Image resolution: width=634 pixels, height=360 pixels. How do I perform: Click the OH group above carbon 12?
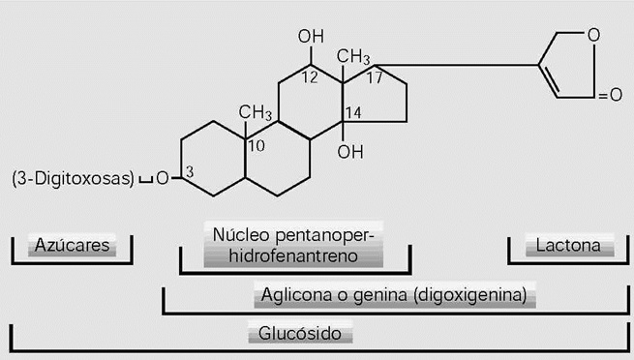point(311,38)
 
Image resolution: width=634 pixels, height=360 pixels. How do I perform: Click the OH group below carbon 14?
point(351,152)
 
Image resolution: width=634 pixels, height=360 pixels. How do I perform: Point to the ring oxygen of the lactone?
point(592,38)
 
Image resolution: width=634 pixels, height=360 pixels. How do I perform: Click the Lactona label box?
point(568,245)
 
